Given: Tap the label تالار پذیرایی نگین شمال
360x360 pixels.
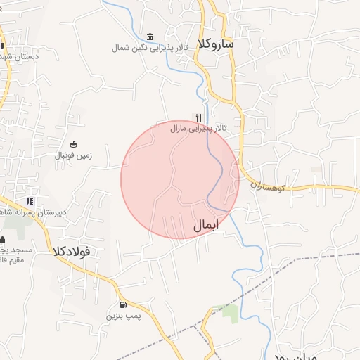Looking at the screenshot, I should tap(148, 48).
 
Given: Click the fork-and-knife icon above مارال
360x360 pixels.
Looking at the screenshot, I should tap(200, 117).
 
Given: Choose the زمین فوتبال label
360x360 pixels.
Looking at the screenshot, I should tap(74, 155).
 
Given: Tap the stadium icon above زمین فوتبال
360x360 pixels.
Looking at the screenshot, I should tap(73, 144).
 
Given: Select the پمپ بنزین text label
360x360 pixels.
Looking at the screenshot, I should tap(124, 316).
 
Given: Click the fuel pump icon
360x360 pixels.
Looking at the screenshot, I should tap(124, 305).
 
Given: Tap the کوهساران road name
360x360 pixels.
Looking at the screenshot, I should tap(266, 186).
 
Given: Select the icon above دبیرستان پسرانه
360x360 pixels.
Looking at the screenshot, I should tap(30, 201).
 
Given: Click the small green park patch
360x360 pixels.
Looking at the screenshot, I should tap(230, 313).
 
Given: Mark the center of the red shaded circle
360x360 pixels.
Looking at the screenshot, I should tap(180, 179).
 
